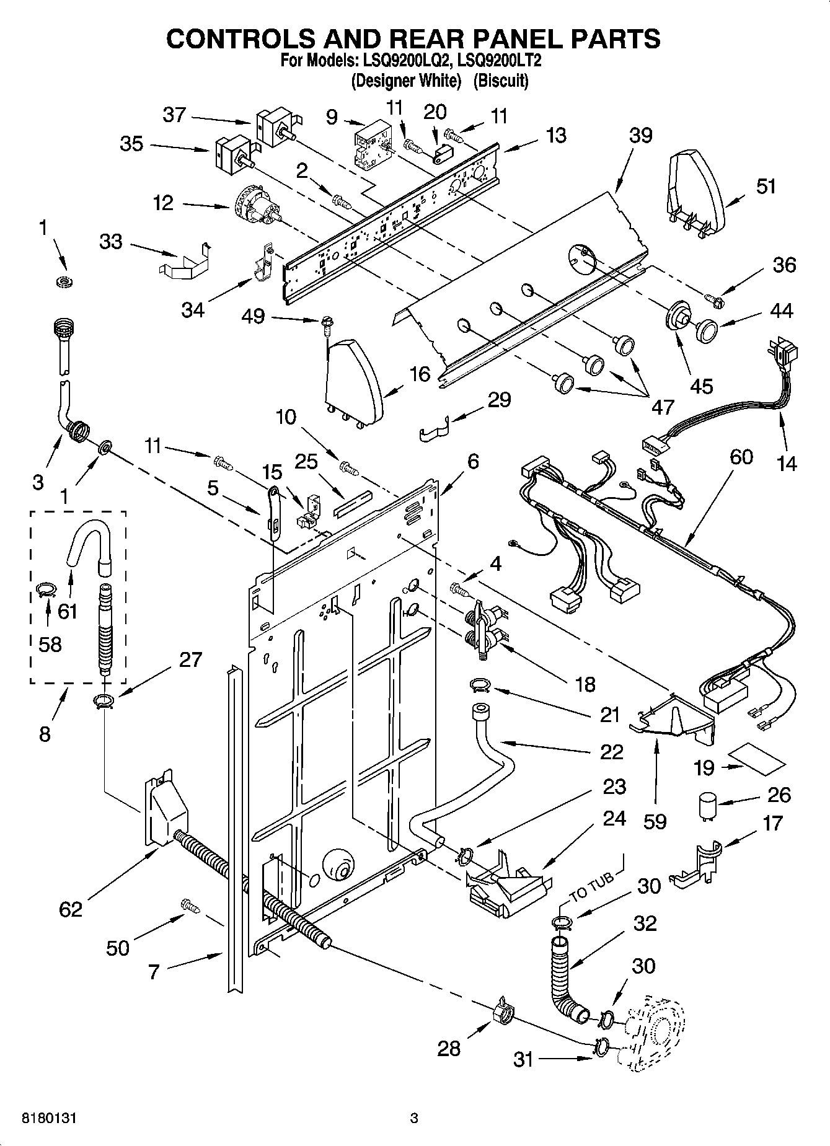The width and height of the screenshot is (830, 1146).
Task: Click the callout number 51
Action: pos(766,186)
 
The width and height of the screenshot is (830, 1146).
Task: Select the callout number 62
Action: pos(71,909)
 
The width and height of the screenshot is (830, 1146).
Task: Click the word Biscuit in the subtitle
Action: pos(501,81)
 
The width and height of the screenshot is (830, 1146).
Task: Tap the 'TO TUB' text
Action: pos(591,886)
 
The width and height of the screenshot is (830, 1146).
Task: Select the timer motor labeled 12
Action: pos(257,207)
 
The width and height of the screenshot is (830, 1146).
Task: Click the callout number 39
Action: pos(641,136)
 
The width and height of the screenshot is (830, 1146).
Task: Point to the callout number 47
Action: pos(663,407)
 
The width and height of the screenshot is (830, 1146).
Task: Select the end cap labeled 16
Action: pos(353,380)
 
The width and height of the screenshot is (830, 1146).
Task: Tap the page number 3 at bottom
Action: pos(415,1119)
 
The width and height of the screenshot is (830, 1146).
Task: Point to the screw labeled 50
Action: pos(190,906)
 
